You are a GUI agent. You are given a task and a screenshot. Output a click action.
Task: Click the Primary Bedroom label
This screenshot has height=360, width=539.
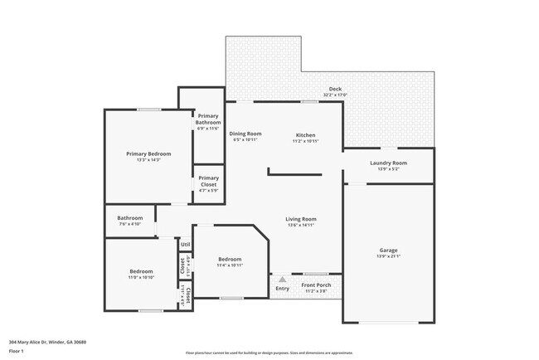(x=148, y=153)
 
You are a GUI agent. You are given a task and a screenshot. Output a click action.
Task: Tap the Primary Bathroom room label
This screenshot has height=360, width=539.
(x=208, y=119)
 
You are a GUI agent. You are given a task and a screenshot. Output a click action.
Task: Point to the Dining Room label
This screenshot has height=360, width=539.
(x=245, y=134)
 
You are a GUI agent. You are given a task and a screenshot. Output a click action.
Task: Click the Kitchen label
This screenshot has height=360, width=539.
(x=306, y=134)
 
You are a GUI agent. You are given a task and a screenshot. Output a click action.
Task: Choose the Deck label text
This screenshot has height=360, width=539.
(x=335, y=89)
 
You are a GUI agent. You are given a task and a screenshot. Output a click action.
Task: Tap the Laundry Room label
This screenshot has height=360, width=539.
(x=388, y=163)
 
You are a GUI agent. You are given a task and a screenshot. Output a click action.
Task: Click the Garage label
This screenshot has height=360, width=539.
(x=388, y=250)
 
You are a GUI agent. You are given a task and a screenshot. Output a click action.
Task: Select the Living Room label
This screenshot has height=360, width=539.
(x=301, y=219)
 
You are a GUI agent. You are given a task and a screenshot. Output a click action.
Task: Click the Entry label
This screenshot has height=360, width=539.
(x=282, y=289)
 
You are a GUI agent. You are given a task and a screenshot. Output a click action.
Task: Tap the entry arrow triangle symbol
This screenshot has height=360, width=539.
(x=282, y=280)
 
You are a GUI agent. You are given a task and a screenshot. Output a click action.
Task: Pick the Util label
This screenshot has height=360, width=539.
(x=186, y=245)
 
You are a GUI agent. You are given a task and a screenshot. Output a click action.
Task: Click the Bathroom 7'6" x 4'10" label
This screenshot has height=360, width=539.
(x=129, y=218)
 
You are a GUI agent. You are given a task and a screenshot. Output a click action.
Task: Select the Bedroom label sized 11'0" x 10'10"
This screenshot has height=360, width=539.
(x=140, y=271)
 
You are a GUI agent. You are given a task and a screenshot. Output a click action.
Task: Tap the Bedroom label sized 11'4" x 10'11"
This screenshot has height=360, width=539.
(x=230, y=259)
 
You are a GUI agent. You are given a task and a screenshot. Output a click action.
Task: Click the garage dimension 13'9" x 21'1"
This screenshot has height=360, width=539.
(x=388, y=256)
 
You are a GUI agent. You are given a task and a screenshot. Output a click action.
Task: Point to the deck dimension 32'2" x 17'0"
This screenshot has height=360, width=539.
(x=335, y=95)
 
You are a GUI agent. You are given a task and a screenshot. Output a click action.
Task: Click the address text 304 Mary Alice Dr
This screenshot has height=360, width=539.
(x=47, y=342)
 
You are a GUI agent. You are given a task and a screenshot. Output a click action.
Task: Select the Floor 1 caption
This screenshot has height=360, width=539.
(x=17, y=350)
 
